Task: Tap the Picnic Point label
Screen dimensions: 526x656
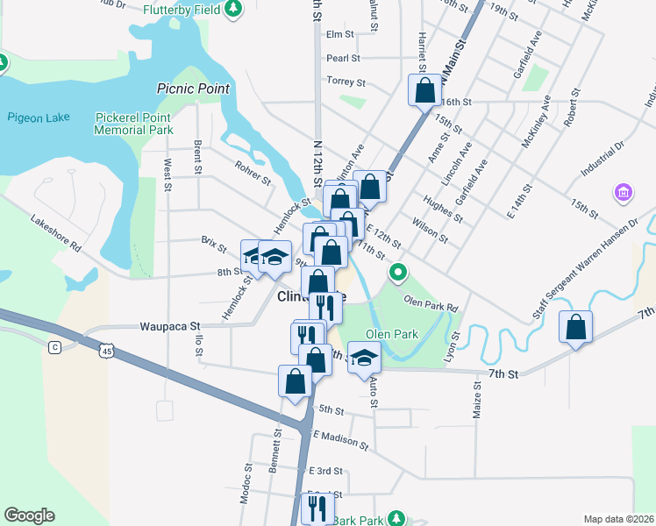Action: (193, 89)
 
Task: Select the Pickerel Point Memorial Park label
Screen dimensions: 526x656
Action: (135, 123)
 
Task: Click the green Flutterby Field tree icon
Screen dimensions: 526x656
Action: (233, 9)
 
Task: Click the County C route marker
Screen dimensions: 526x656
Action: (54, 347)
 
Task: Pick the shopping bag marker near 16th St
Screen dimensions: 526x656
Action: (425, 89)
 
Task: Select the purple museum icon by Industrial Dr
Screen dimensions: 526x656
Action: (624, 191)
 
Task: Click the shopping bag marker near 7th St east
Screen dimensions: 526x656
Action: (575, 327)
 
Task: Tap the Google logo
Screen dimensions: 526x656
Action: (29, 515)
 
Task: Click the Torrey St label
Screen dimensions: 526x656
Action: (345, 82)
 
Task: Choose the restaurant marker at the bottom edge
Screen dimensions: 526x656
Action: (317, 508)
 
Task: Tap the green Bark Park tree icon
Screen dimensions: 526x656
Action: (396, 519)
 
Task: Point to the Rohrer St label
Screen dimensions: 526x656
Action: (253, 174)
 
